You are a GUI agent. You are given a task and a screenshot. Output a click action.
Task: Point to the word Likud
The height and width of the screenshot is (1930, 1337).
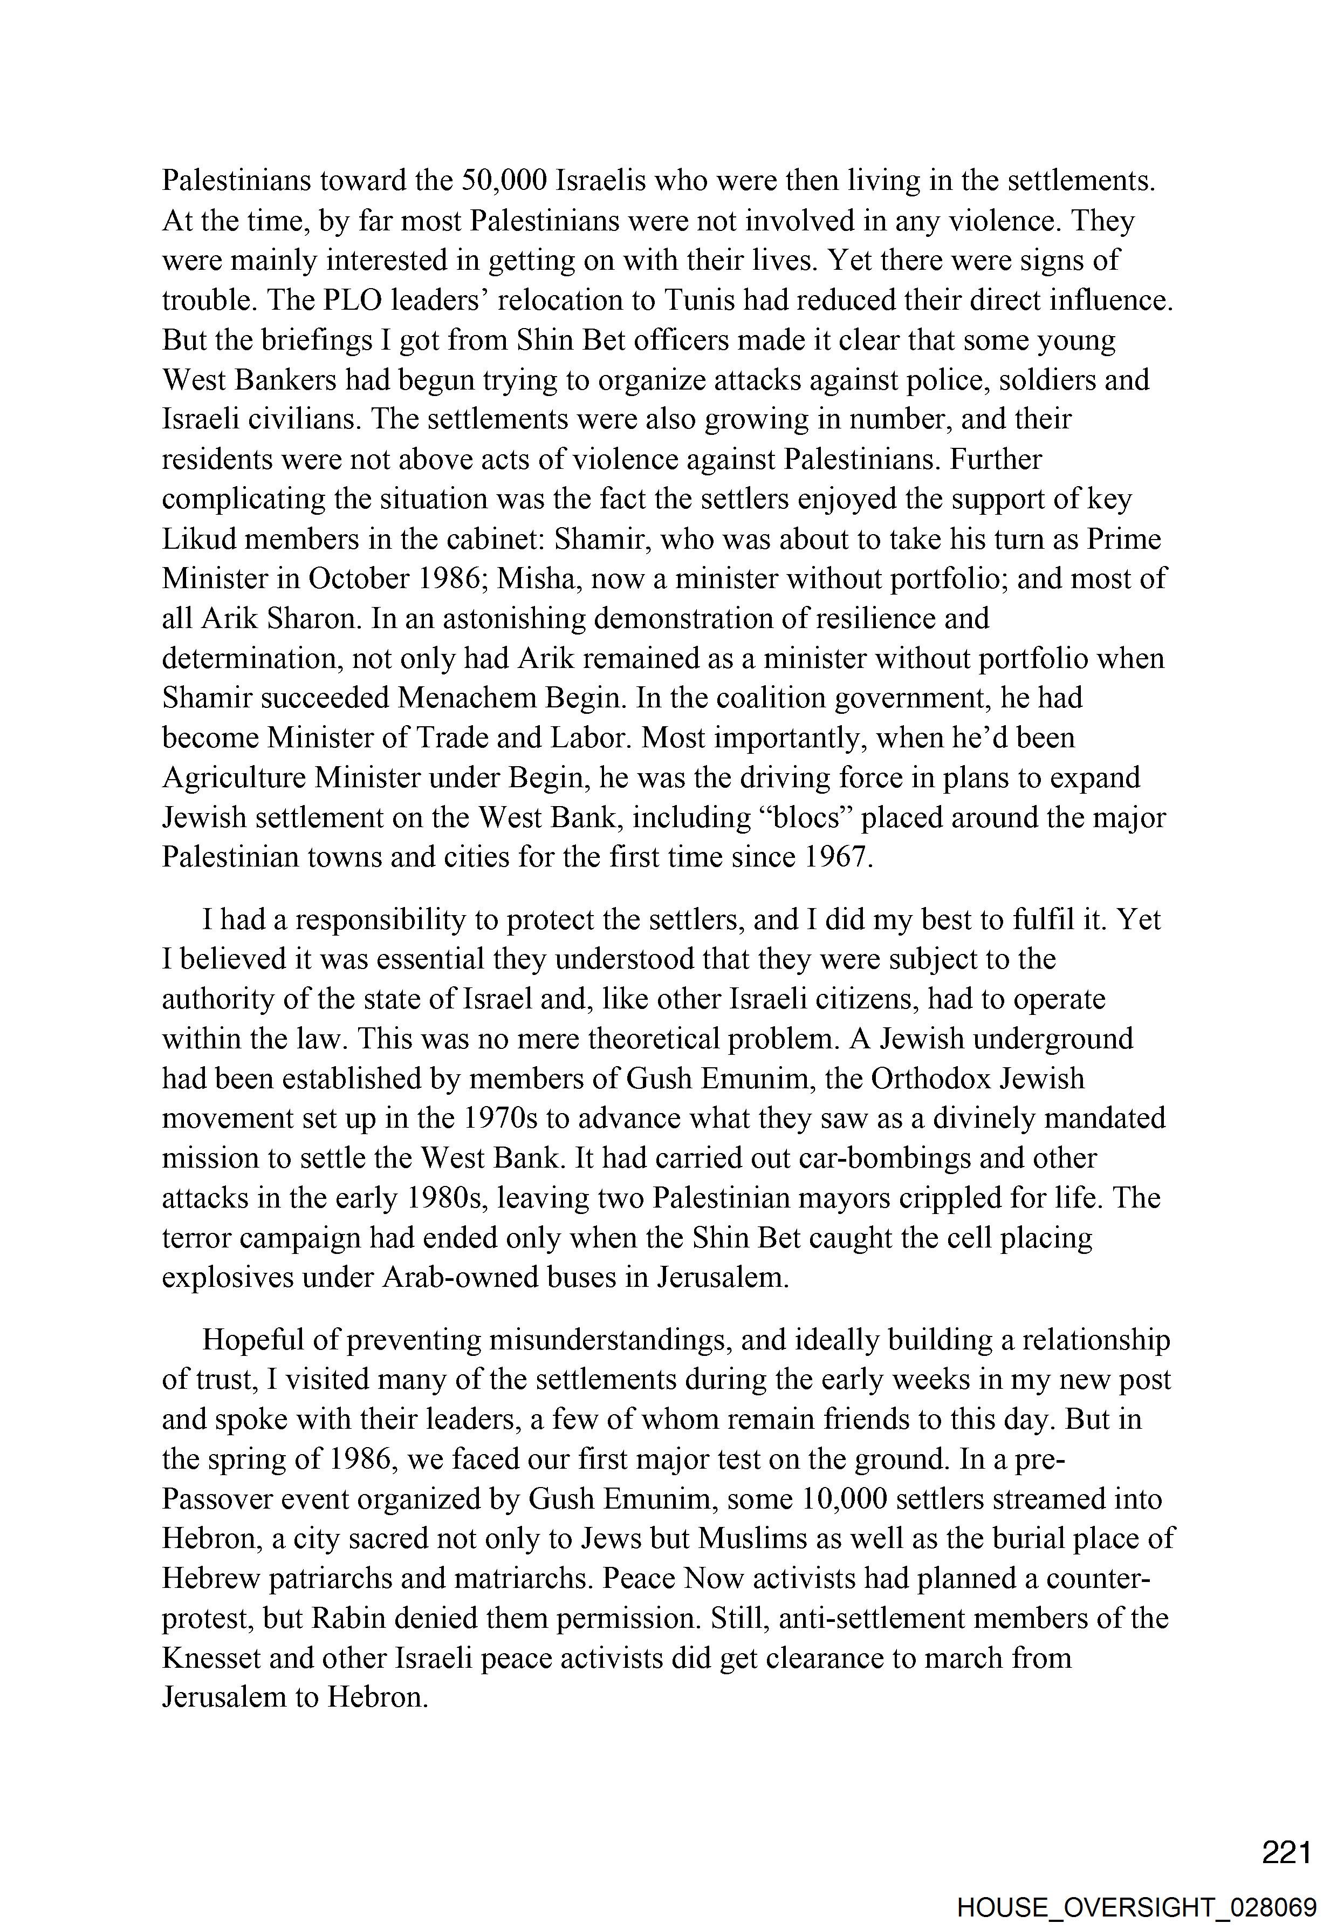[x=198, y=539]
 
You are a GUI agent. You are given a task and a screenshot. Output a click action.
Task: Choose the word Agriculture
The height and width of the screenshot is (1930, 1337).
[x=234, y=778]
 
